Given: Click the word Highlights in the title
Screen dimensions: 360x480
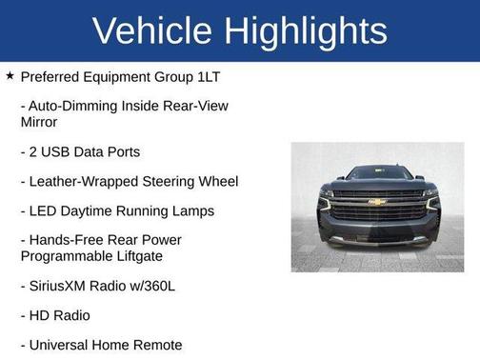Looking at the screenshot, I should [304, 30].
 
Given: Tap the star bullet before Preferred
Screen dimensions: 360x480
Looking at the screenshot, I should [10, 75].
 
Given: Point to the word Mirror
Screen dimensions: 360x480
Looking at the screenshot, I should [39, 122].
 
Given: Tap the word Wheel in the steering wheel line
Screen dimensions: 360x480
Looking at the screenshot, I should [216, 181].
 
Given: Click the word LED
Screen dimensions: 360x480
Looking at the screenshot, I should [47, 210].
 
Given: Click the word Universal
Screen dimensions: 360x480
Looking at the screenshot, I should [64, 344].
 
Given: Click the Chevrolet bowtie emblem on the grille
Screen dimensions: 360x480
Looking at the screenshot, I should [377, 201].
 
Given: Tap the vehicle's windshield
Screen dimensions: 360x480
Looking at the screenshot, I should [378, 174].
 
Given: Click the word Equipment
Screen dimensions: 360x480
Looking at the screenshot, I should [123, 76].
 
